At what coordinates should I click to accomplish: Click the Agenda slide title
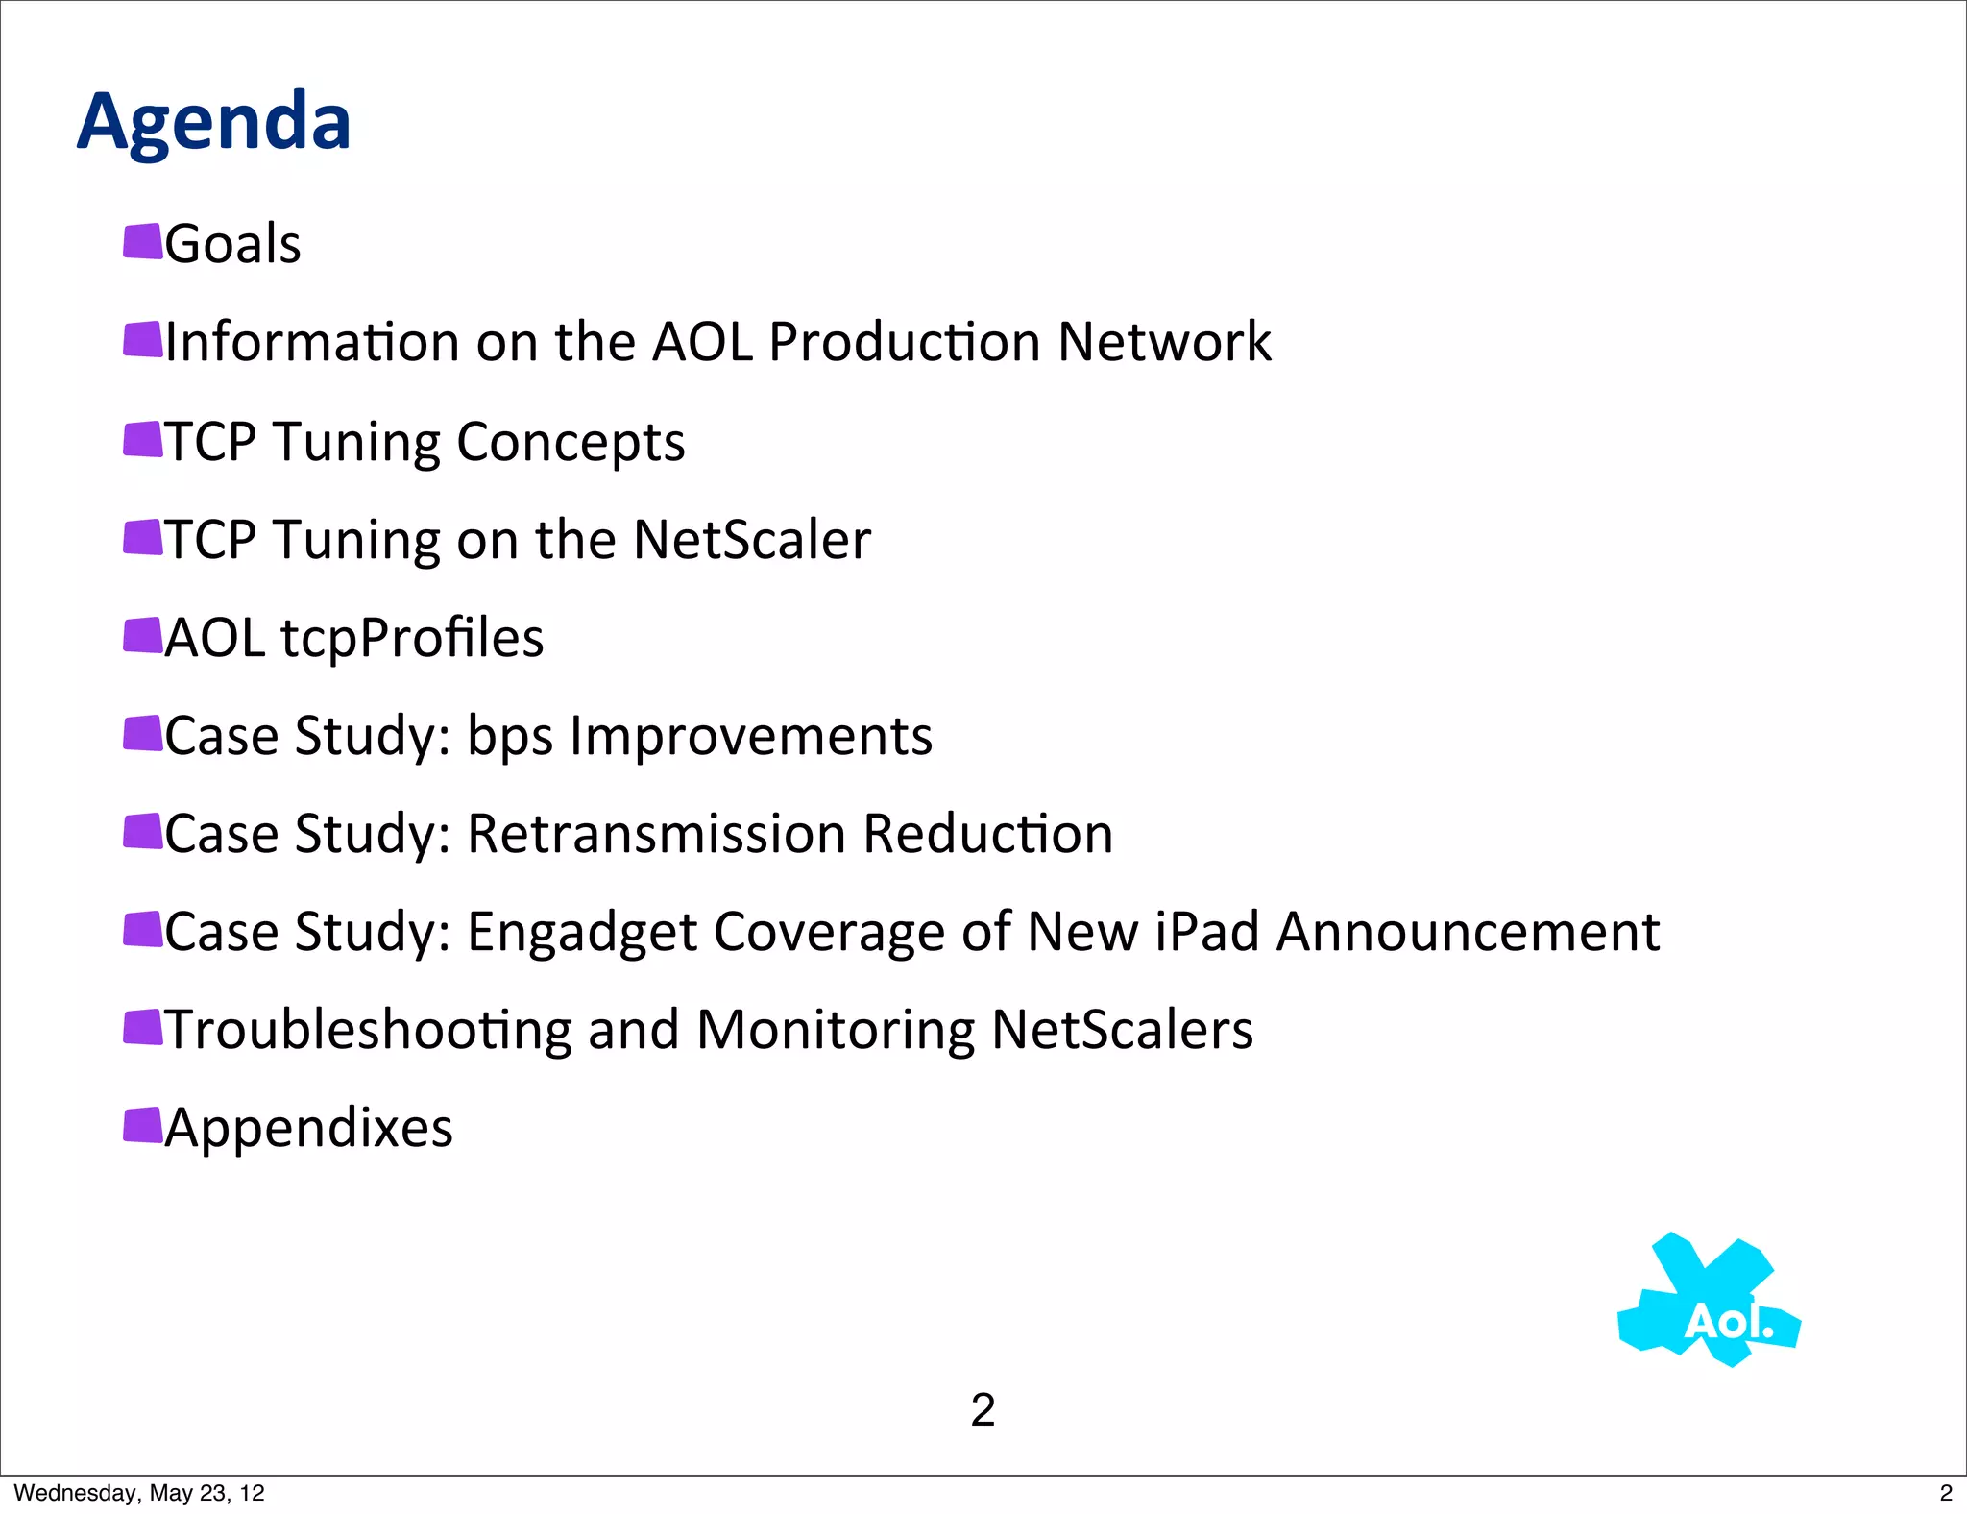(213, 123)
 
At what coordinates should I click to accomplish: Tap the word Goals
(232, 244)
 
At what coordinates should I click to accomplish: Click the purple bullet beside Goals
(143, 242)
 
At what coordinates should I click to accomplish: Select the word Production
(904, 342)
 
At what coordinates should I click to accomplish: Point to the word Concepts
(571, 443)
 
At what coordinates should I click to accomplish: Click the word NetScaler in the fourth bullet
(751, 540)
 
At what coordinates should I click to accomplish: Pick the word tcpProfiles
(412, 639)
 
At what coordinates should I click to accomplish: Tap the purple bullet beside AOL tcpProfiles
(143, 635)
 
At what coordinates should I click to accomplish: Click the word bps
(510, 738)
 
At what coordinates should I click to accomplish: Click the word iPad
(1206, 932)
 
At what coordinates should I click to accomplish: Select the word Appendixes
(308, 1129)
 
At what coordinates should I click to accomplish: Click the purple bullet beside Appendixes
(143, 1125)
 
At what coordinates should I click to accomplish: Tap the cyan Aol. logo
(1711, 1302)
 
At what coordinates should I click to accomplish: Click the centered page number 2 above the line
(983, 1410)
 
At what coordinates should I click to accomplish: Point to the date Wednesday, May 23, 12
(139, 1493)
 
